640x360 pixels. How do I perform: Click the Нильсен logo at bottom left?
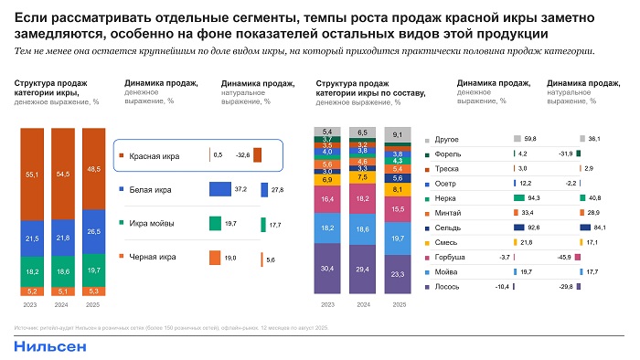[x=50, y=346]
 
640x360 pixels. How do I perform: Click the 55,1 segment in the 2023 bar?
[x=32, y=174]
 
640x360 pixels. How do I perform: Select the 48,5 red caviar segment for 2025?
[x=94, y=169]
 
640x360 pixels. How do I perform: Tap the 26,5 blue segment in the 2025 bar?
[x=94, y=231]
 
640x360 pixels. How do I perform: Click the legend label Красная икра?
[x=154, y=155]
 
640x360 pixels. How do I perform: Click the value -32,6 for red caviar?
[x=243, y=155]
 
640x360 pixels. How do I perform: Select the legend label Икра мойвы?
[x=149, y=223]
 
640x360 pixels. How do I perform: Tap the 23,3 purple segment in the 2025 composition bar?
[x=398, y=273]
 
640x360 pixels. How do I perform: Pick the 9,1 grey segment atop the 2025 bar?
[x=398, y=135]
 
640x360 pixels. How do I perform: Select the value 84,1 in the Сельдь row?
[x=601, y=227]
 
